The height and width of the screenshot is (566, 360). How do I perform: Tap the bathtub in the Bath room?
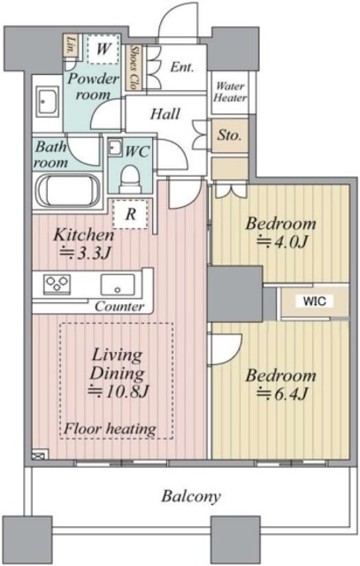coord(68,190)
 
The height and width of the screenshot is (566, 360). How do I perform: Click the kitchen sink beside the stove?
coord(118,285)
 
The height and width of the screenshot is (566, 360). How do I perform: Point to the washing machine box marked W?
coord(103,49)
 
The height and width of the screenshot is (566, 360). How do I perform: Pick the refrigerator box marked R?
coord(130,214)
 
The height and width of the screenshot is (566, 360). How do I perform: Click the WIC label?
coord(314,301)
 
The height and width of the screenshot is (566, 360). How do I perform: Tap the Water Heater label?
coord(230,92)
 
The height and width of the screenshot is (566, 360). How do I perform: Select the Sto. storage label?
coord(229,135)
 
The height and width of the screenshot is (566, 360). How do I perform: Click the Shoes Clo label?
coord(134,67)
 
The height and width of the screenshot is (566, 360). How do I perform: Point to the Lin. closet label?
coord(71,45)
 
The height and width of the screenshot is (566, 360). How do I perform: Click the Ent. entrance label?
coord(182,67)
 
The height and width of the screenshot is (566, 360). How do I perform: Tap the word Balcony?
coord(191,496)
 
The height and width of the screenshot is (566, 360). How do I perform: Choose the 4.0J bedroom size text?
coord(281,241)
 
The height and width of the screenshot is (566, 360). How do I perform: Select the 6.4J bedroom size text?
coord(281,394)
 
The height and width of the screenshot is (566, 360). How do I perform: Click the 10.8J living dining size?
coord(119,391)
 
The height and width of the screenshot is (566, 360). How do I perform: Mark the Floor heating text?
coord(110,429)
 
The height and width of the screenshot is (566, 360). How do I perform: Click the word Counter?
coord(119,307)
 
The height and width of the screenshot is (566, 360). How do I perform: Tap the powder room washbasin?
coord(47,102)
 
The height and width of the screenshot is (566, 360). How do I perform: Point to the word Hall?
coord(165,114)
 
